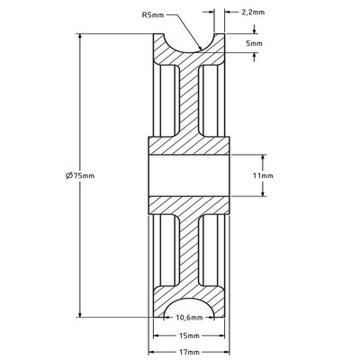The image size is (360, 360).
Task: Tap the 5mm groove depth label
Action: (x=256, y=42)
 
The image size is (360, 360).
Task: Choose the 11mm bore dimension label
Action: (x=262, y=176)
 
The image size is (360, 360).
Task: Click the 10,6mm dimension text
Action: (x=189, y=317)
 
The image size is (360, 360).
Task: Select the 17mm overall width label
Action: (x=189, y=352)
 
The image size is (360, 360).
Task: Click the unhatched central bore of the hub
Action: (x=189, y=176)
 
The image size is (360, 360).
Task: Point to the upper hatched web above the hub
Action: (x=189, y=99)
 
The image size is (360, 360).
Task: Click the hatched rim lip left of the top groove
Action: (x=165, y=45)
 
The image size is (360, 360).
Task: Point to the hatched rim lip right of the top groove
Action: (x=214, y=45)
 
